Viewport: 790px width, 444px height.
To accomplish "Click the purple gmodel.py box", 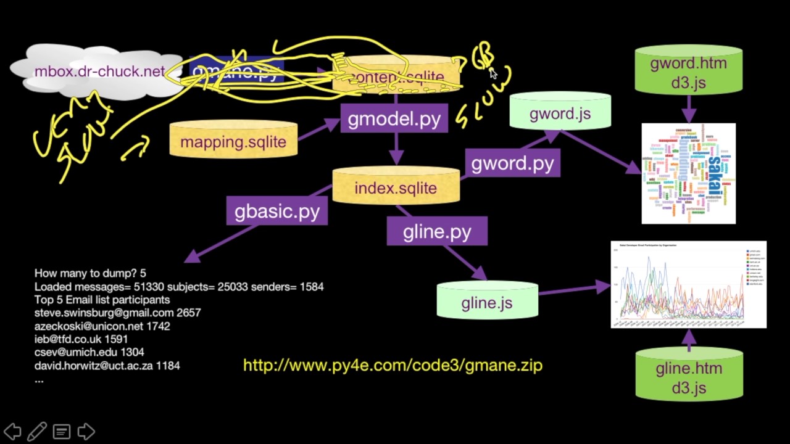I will click(394, 119).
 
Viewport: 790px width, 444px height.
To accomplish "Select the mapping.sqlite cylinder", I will click(233, 141).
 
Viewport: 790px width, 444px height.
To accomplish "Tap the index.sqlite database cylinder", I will click(396, 187).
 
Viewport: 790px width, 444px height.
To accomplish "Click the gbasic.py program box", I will click(276, 212).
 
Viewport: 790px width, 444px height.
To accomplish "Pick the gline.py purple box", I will click(437, 231).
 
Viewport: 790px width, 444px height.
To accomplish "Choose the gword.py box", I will click(512, 163).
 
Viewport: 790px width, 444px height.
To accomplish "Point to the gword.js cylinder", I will click(560, 113).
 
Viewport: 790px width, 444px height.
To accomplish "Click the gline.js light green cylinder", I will click(487, 302).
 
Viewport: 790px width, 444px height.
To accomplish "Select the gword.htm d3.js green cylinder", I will click(688, 72).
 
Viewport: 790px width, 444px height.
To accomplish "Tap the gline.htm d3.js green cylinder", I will click(689, 377).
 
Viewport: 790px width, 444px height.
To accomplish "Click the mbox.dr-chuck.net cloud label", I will click(99, 72).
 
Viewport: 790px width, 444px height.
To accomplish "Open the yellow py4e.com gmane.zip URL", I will click(393, 365).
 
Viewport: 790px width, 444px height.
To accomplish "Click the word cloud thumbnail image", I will click(688, 173).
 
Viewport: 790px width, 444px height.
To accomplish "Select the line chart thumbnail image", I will click(688, 284).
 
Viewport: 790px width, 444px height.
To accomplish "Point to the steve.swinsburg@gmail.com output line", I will click(117, 313).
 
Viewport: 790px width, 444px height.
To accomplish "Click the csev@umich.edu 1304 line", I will click(89, 352).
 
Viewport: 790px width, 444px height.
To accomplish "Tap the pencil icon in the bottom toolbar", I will click(37, 431).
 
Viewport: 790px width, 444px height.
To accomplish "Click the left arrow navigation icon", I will click(12, 431).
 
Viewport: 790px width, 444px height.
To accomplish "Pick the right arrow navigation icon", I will click(86, 431).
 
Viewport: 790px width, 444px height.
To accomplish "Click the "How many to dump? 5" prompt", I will click(90, 273).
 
